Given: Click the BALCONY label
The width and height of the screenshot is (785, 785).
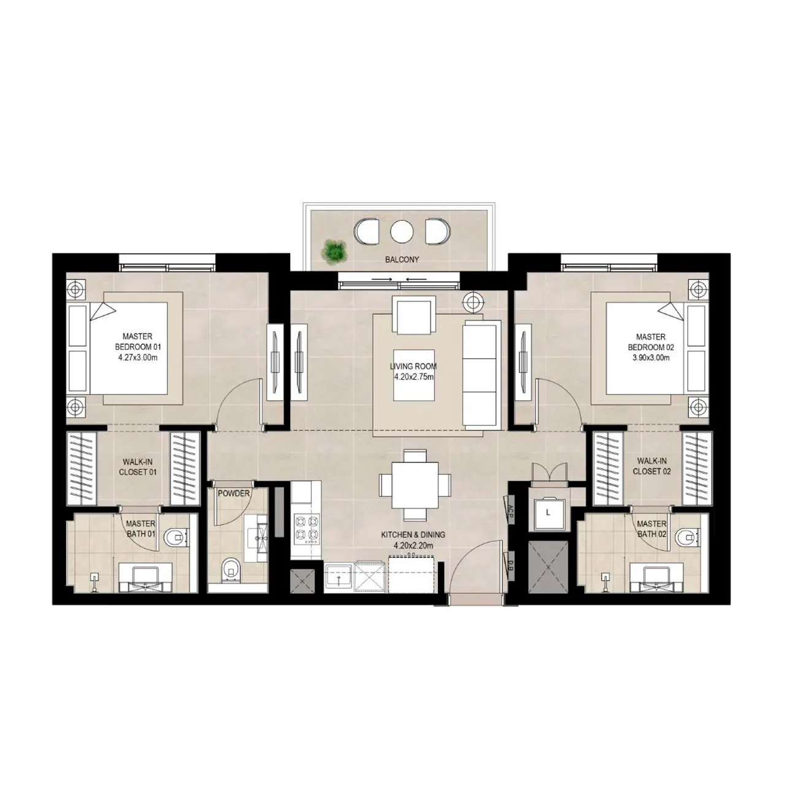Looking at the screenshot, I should click(x=402, y=259).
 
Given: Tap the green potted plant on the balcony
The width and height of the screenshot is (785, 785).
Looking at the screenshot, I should click(x=334, y=250).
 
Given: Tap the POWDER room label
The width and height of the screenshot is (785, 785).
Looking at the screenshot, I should click(x=234, y=494).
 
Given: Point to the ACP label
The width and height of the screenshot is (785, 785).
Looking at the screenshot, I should click(x=510, y=511).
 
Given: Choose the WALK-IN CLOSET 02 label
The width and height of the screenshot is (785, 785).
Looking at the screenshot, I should click(x=651, y=466).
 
